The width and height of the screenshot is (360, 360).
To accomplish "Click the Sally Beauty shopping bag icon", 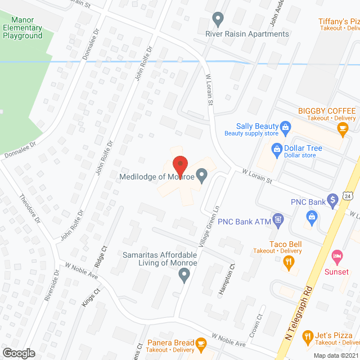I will (285, 127).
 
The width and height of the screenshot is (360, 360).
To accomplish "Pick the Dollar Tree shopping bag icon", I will (276, 148).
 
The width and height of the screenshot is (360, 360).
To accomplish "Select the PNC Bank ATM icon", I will (277, 219).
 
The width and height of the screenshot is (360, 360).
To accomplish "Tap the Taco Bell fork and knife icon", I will (289, 260).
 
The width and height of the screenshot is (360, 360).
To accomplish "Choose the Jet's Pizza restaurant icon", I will (307, 337).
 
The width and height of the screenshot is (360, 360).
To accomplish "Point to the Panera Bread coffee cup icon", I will (201, 343).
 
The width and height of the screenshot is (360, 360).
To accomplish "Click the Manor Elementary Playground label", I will (22, 28).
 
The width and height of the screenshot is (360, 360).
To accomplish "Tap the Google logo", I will (18, 353).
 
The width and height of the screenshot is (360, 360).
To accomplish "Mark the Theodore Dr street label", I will (30, 209).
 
